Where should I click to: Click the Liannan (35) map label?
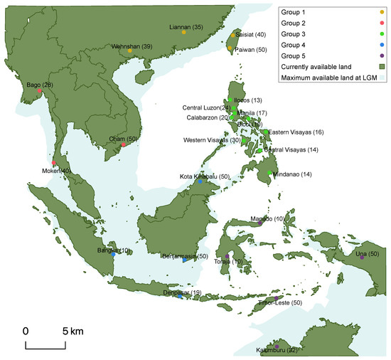coord(187,27)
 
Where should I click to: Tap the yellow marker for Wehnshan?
coord(129,51)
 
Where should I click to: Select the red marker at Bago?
coord(30,91)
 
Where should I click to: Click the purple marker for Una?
coord(362,258)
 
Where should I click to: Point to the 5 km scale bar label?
coord(73,332)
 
